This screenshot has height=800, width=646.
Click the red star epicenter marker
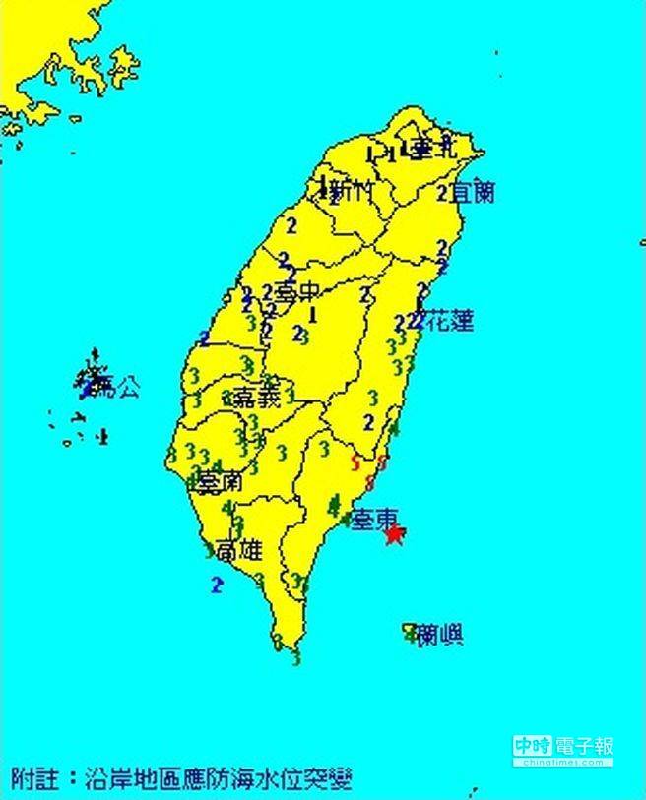point(395,535)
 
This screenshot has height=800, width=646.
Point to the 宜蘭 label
point(472,192)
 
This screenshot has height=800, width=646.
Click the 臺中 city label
point(297,292)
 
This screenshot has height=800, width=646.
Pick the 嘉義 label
point(257,399)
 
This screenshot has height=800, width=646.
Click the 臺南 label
point(219,483)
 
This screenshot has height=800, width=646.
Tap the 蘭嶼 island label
point(439,635)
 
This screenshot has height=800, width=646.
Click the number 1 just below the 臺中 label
point(312,315)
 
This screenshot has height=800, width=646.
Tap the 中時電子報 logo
point(562,749)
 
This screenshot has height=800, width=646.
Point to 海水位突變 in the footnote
point(301,779)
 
